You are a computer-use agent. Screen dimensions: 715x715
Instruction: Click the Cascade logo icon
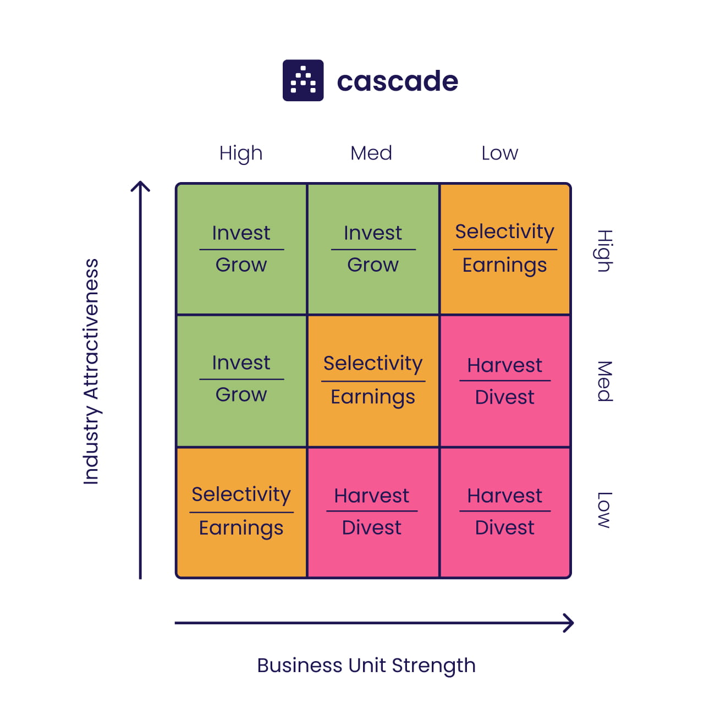[302, 80]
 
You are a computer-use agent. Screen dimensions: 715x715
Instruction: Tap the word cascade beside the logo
[397, 81]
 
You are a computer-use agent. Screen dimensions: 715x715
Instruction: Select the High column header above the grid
[241, 153]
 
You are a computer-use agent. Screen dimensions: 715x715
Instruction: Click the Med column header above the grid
[371, 153]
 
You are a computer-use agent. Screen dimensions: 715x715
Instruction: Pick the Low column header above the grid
[499, 153]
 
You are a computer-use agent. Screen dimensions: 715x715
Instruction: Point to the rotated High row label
[604, 251]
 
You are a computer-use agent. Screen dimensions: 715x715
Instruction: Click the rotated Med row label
[604, 381]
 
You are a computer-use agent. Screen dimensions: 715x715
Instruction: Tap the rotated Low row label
[604, 510]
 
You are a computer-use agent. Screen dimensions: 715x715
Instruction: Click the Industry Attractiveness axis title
[91, 372]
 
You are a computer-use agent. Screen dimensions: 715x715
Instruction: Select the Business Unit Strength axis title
[366, 665]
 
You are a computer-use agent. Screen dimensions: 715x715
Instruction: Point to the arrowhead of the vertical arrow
[140, 185]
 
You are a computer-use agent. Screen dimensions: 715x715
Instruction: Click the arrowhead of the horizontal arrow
[569, 623]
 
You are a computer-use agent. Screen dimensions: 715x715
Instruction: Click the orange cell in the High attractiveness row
[505, 249]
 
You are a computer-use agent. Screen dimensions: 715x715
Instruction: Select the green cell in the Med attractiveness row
[241, 381]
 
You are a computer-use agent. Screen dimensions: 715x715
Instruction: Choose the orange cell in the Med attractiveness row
[373, 381]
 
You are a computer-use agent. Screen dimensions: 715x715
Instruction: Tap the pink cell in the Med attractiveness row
[505, 381]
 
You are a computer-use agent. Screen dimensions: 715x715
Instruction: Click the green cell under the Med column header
[373, 249]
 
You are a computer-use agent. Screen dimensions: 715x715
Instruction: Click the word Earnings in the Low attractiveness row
[241, 528]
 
